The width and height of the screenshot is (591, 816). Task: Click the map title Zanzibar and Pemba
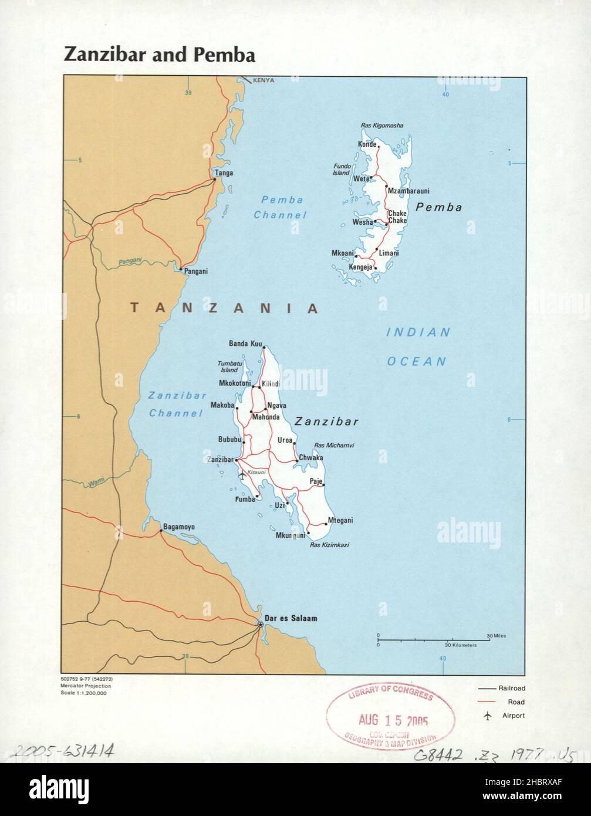click(x=159, y=55)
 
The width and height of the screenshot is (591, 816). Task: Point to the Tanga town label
click(x=224, y=173)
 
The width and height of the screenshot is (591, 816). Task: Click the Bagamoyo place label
click(x=178, y=527)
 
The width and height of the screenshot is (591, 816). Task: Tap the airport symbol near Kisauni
click(x=242, y=474)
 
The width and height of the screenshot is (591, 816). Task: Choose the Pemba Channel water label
click(x=281, y=207)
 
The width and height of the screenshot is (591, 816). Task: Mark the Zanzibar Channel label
click(x=175, y=404)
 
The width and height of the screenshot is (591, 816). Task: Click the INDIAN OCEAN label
click(x=417, y=346)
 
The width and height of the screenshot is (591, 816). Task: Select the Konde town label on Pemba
click(x=366, y=144)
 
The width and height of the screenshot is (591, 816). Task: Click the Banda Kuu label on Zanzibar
click(x=245, y=343)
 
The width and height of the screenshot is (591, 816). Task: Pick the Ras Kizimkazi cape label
click(x=329, y=545)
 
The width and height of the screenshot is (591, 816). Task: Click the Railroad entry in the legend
click(x=512, y=688)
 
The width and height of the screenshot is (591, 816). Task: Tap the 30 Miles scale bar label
click(x=496, y=636)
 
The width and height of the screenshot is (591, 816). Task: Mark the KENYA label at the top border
click(x=264, y=80)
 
